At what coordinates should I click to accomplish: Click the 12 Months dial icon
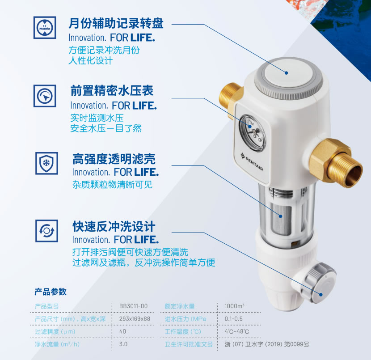[x=45, y=27]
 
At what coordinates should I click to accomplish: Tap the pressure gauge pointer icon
[x=45, y=96]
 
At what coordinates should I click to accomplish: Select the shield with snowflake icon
[x=46, y=163]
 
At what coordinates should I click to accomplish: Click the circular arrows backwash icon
[x=46, y=231]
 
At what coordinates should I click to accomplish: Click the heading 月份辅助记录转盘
[x=116, y=23]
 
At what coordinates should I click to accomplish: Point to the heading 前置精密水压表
[x=112, y=91]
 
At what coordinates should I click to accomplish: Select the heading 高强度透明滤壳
[x=114, y=159]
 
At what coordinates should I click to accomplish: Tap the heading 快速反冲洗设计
[x=114, y=226]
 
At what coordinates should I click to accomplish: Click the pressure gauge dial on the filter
[x=252, y=133]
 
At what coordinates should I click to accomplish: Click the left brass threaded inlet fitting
[x=230, y=100]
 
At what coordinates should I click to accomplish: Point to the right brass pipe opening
[x=353, y=176]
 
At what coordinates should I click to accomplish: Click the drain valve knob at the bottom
[x=320, y=282]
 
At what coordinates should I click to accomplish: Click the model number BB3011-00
[x=133, y=306]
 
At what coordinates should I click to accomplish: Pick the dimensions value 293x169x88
[x=135, y=319]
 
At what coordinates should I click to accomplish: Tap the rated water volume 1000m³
[x=235, y=306]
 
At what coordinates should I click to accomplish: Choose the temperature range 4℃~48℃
[x=237, y=331]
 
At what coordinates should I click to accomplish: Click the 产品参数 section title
[x=51, y=292]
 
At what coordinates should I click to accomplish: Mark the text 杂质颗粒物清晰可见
[x=112, y=185]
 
